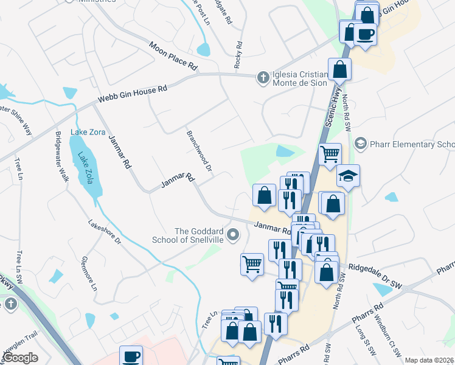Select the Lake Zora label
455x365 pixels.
88,132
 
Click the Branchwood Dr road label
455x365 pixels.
199,151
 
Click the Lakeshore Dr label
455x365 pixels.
105,232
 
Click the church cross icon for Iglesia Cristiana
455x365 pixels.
263,77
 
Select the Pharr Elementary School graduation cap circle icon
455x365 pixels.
360,144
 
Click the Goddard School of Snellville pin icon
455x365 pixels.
232,234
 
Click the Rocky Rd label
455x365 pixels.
238,54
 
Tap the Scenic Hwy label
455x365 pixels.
334,106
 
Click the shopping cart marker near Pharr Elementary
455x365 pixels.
330,154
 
